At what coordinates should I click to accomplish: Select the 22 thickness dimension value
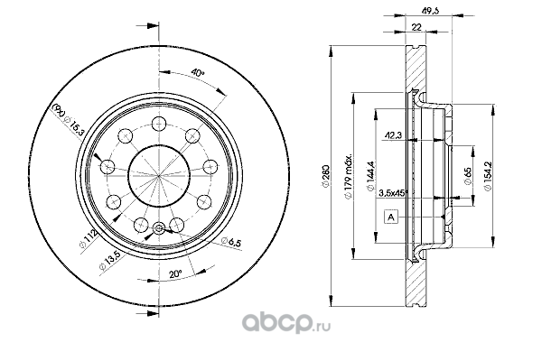coord(416,27)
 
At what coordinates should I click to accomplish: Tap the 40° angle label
coord(198,73)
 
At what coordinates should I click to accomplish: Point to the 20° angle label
coord(175,274)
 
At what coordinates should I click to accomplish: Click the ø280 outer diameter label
coord(325,176)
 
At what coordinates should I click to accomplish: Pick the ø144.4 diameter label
coord(370,176)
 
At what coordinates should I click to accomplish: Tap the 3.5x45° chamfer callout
coord(392,193)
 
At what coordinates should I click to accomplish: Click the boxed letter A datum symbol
coord(391,217)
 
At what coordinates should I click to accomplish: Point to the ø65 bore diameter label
coord(468,176)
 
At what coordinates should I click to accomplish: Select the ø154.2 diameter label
coord(488,176)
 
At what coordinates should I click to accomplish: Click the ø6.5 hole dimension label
coord(231,242)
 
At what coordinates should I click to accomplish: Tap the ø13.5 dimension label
coord(109,260)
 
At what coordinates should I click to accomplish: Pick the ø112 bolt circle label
coord(88,240)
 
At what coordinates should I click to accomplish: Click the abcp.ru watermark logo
coord(286,323)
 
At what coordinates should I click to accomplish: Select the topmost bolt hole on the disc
coord(159,124)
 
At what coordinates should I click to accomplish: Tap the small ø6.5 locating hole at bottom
coord(159,228)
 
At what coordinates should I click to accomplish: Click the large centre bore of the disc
coord(159,175)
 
